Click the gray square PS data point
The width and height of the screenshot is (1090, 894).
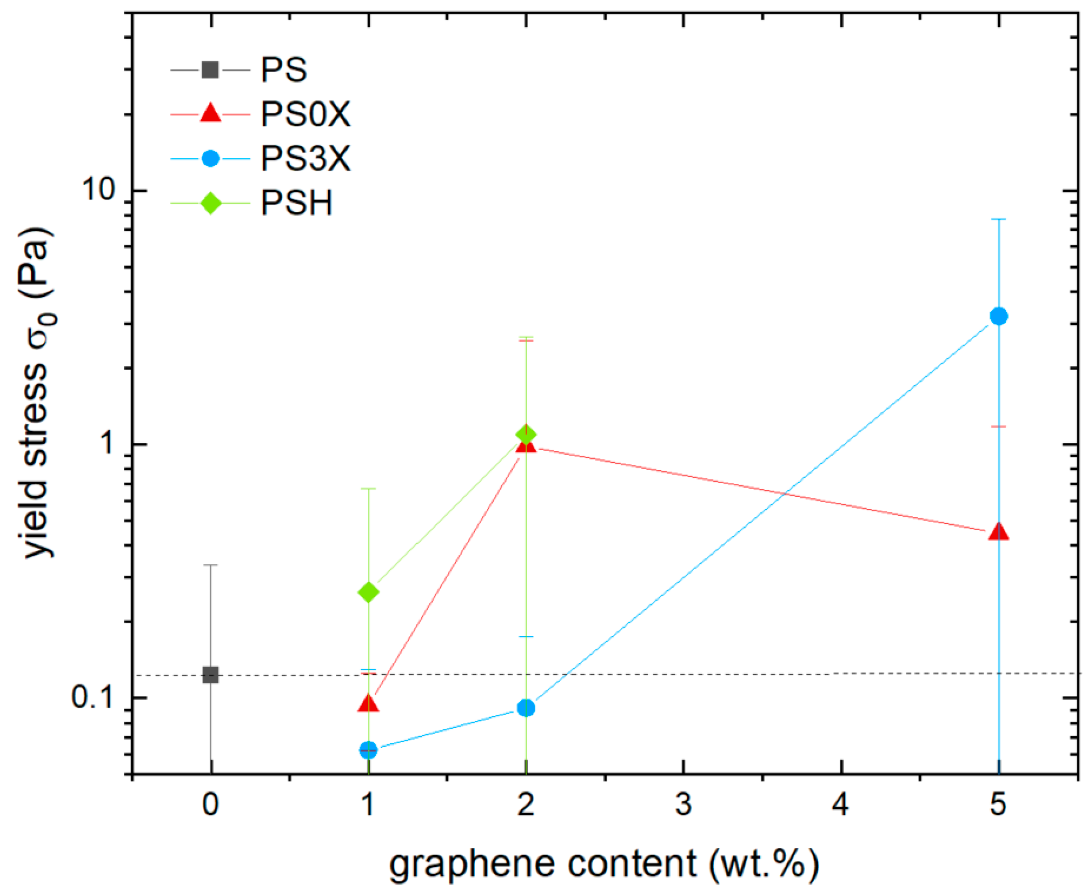pyautogui.click(x=210, y=675)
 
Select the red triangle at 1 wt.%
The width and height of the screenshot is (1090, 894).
pyautogui.click(x=368, y=703)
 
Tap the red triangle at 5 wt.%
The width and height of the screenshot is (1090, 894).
pyautogui.click(x=999, y=531)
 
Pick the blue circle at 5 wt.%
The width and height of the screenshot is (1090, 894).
pyautogui.click(x=999, y=316)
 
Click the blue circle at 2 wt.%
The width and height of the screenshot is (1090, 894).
pyautogui.click(x=526, y=708)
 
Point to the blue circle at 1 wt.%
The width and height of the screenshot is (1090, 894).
pyautogui.click(x=368, y=750)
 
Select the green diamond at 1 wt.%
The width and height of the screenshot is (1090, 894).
pyautogui.click(x=368, y=592)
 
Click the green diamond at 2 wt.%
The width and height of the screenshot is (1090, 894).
pyautogui.click(x=526, y=434)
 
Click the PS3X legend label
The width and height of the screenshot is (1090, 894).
pyautogui.click(x=306, y=158)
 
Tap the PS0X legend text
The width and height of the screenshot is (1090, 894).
pyautogui.click(x=306, y=114)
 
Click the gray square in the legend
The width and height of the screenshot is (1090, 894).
pyautogui.click(x=210, y=69)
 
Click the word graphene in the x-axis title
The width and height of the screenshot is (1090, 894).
pyautogui.click(x=472, y=864)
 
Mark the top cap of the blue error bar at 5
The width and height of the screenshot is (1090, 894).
pyautogui.click(x=999, y=219)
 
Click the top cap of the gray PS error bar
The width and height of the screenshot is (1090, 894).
pyautogui.click(x=210, y=565)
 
